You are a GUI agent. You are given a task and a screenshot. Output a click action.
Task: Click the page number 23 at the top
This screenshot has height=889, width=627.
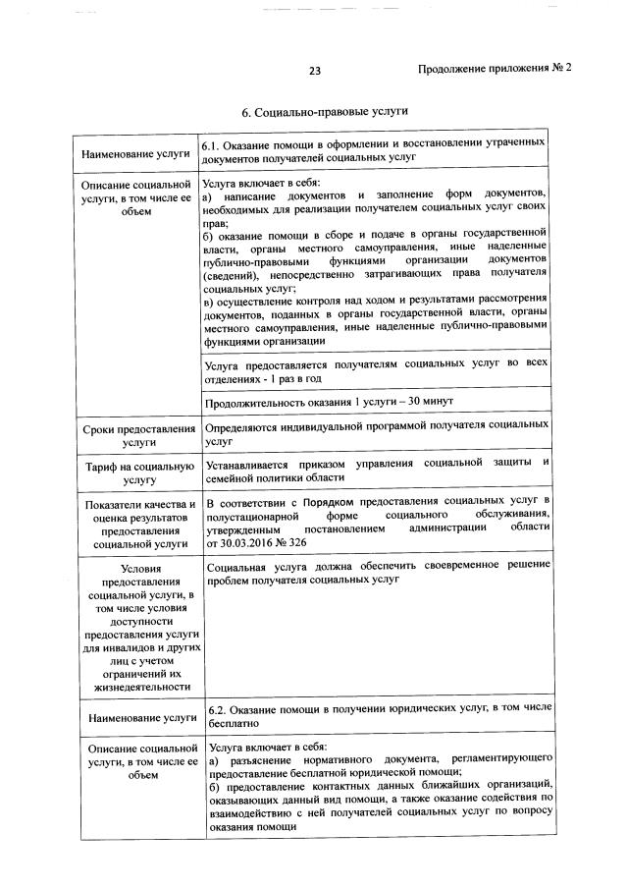(x=314, y=70)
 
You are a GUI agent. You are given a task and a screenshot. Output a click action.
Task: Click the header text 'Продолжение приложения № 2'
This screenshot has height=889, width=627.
(x=494, y=69)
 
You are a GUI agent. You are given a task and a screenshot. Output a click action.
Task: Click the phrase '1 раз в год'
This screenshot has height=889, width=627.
(x=293, y=378)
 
